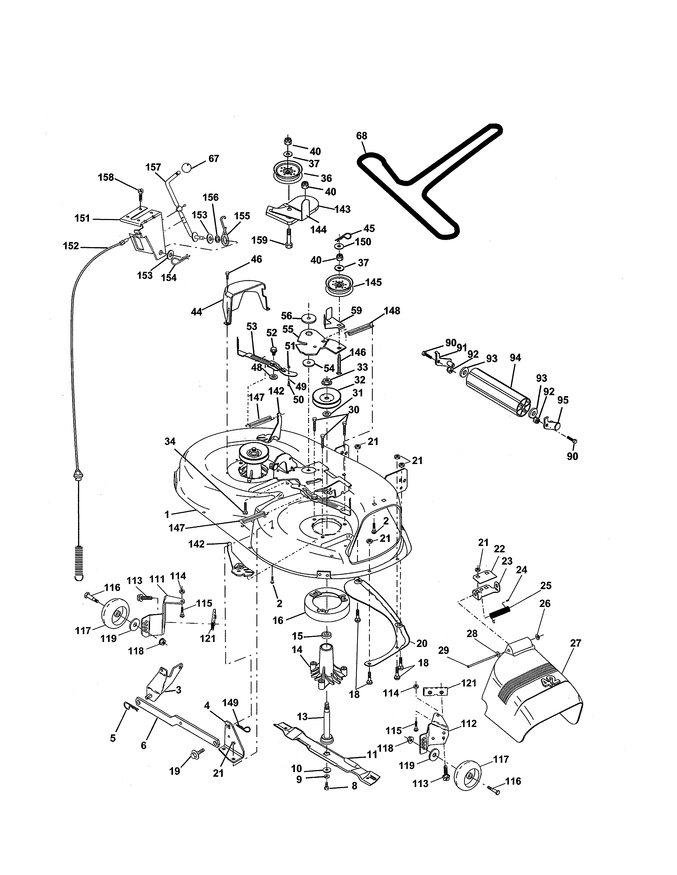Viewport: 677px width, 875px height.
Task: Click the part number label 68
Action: coord(361,136)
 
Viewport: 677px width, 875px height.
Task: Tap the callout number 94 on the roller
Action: coord(515,358)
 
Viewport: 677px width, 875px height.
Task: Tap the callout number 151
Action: coord(82,218)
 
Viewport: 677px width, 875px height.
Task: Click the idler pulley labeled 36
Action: coord(287,172)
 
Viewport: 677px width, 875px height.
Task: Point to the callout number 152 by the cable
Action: coord(71,246)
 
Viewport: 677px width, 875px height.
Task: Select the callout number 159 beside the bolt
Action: coord(259,240)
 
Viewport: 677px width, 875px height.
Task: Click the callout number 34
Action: coord(170,441)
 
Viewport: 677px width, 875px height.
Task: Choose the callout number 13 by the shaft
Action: coord(302,716)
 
